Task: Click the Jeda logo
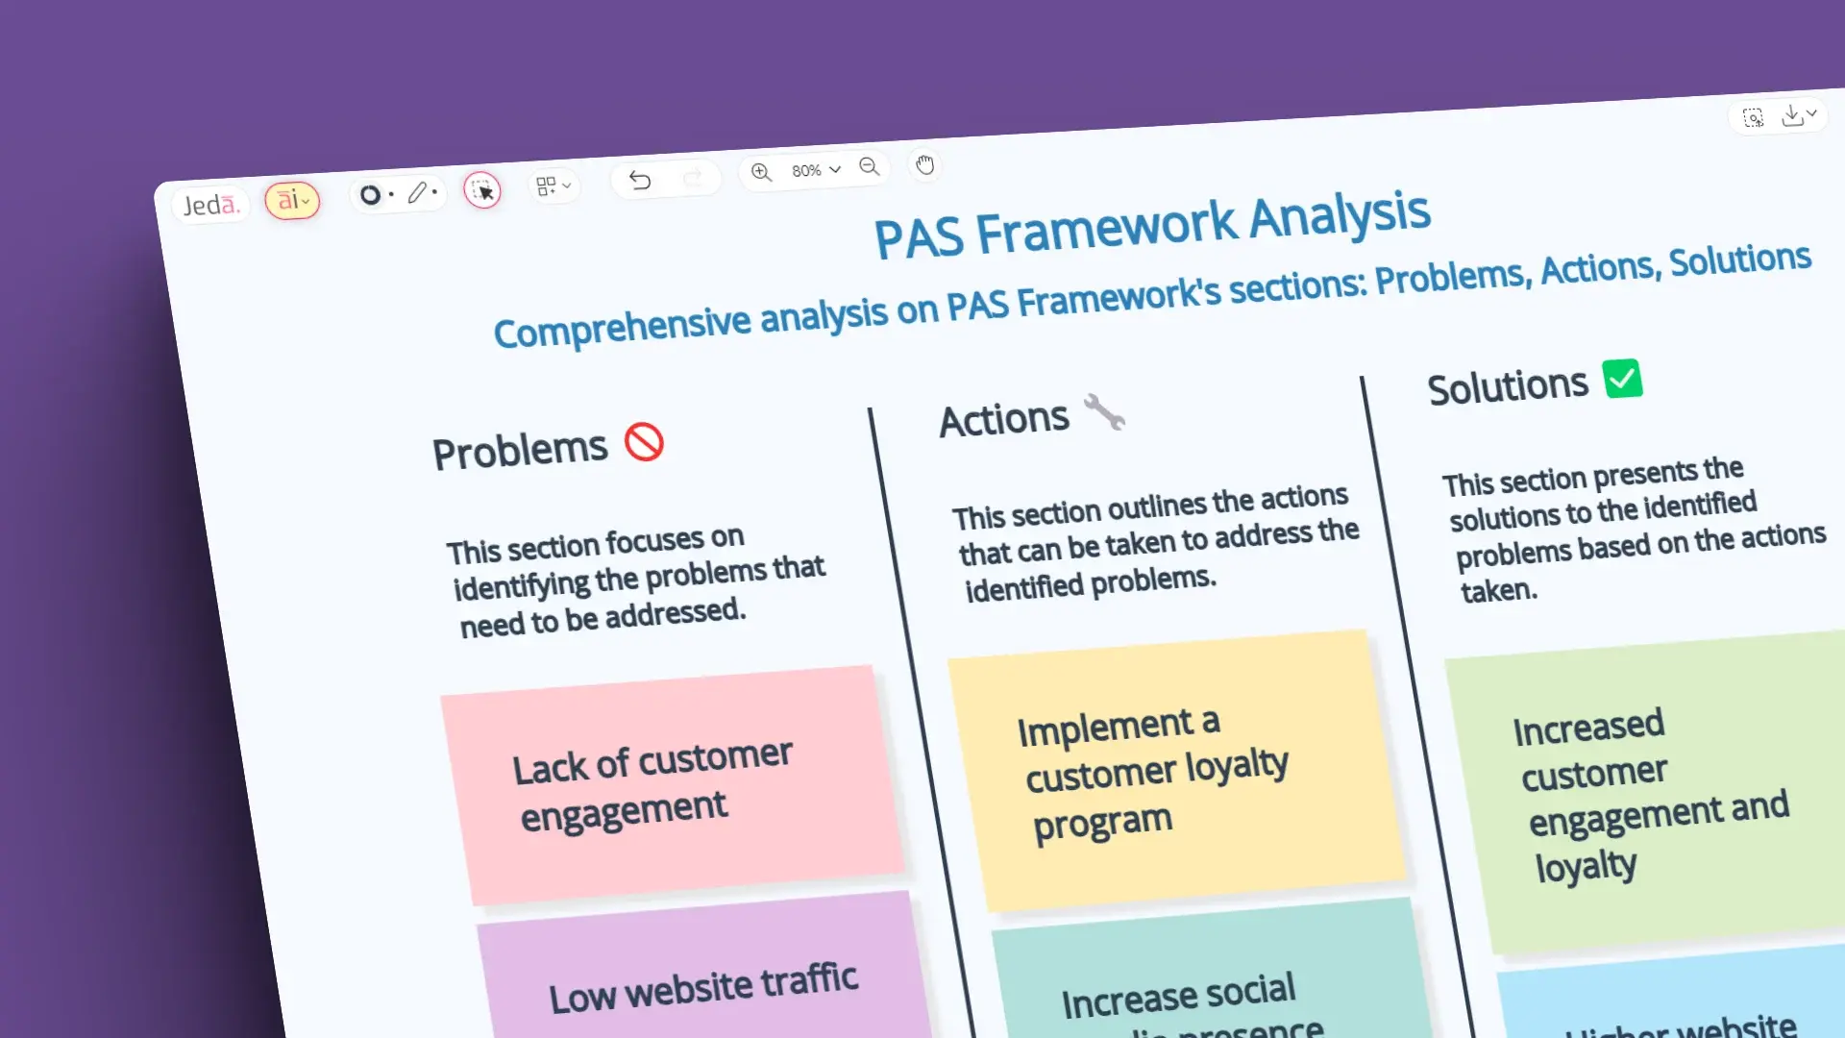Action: click(210, 205)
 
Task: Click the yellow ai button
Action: click(292, 200)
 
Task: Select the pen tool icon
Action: click(417, 193)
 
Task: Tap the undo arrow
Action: click(640, 180)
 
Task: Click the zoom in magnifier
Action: click(761, 172)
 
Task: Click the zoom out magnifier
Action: click(870, 166)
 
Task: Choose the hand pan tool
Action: click(924, 164)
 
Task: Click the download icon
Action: click(1792, 115)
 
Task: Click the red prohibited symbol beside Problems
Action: click(644, 442)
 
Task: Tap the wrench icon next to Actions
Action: click(1104, 412)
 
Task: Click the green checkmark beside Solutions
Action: click(1622, 379)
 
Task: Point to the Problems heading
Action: click(520, 450)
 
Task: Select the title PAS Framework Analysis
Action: click(1151, 227)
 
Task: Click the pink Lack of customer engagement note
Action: click(673, 783)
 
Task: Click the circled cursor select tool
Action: click(482, 190)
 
